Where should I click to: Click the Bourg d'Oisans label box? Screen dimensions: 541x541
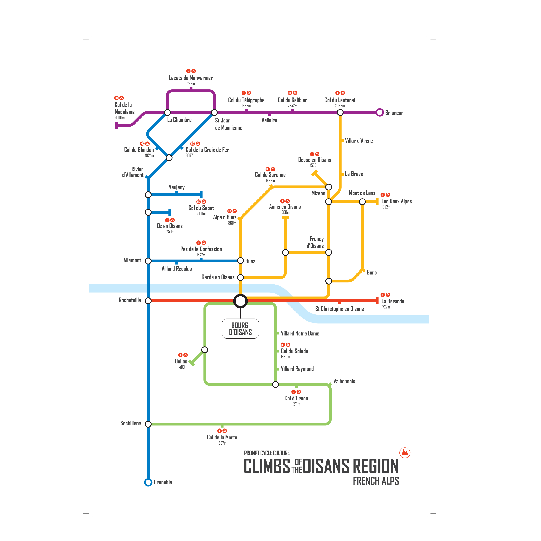tap(240, 328)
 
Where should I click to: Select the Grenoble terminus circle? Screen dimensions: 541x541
tap(148, 482)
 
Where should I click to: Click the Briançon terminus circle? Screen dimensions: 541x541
tap(379, 113)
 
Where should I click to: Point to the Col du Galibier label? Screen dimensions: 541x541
tap(292, 100)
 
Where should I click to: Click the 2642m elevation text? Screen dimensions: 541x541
tap(292, 106)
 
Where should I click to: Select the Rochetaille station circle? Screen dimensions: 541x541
tap(148, 301)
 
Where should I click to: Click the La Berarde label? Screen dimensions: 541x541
tap(393, 301)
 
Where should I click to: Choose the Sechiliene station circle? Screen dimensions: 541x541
tap(148, 424)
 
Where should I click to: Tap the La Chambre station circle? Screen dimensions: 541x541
tap(167, 113)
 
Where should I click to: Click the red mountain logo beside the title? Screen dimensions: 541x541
tap(405, 453)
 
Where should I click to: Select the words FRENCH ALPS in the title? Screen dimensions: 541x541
tap(376, 481)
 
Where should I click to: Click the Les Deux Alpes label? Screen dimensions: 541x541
tap(396, 201)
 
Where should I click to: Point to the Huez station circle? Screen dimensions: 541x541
tap(240, 261)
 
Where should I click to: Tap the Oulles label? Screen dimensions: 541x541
tap(181, 362)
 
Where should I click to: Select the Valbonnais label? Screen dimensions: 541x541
tap(344, 381)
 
